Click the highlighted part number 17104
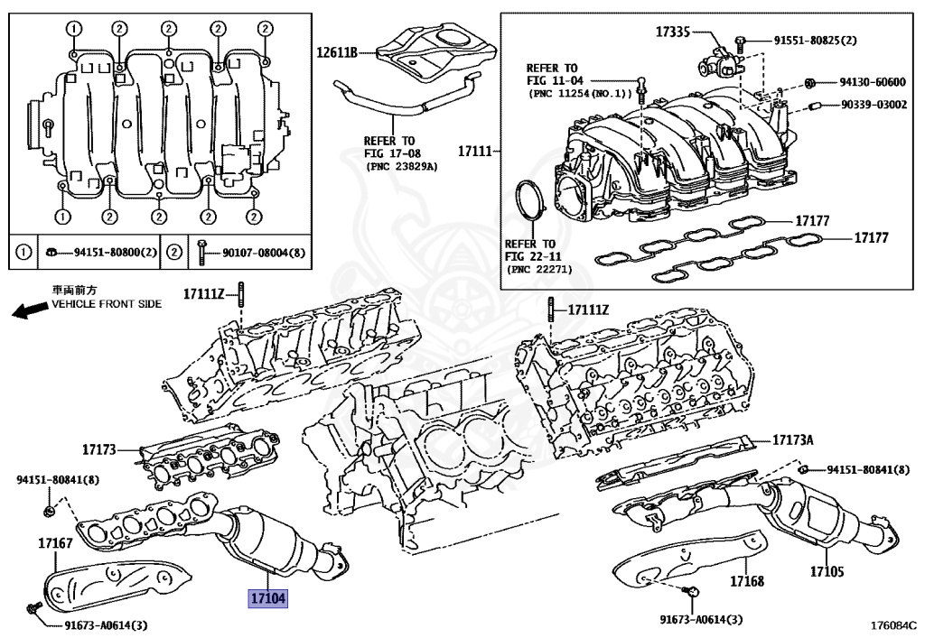click(267, 597)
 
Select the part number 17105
click(826, 571)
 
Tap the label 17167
click(54, 543)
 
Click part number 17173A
click(792, 440)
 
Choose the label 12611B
click(338, 52)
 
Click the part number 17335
click(672, 32)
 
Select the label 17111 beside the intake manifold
click(475, 151)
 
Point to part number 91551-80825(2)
click(815, 41)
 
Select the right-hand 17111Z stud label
click(589, 310)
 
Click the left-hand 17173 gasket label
click(99, 448)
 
